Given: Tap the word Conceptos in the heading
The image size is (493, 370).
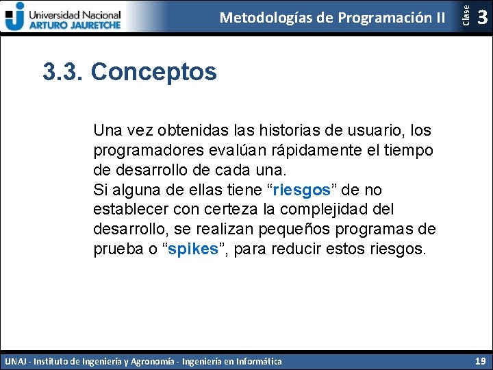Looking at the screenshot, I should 153,71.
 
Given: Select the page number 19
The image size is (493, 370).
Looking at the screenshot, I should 479,360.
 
